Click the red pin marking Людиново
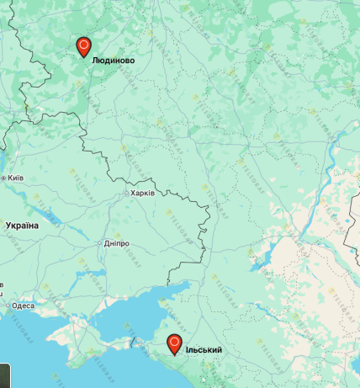[83, 45]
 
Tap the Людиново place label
[113, 61]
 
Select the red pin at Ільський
[174, 343]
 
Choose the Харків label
[142, 193]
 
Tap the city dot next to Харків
[126, 193]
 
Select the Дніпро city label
[117, 243]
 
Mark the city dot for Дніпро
[102, 243]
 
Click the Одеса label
[24, 306]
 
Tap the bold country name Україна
[22, 226]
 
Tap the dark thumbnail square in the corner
[5, 375]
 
